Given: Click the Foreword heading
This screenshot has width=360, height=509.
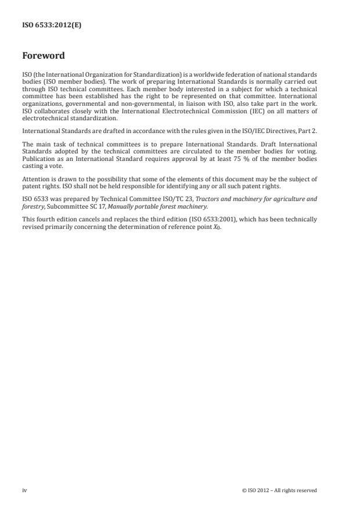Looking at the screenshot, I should [x=43, y=56].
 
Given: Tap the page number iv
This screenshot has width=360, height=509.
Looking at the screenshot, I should [x=24, y=490].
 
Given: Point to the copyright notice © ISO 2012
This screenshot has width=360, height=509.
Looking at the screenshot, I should [x=279, y=490].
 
